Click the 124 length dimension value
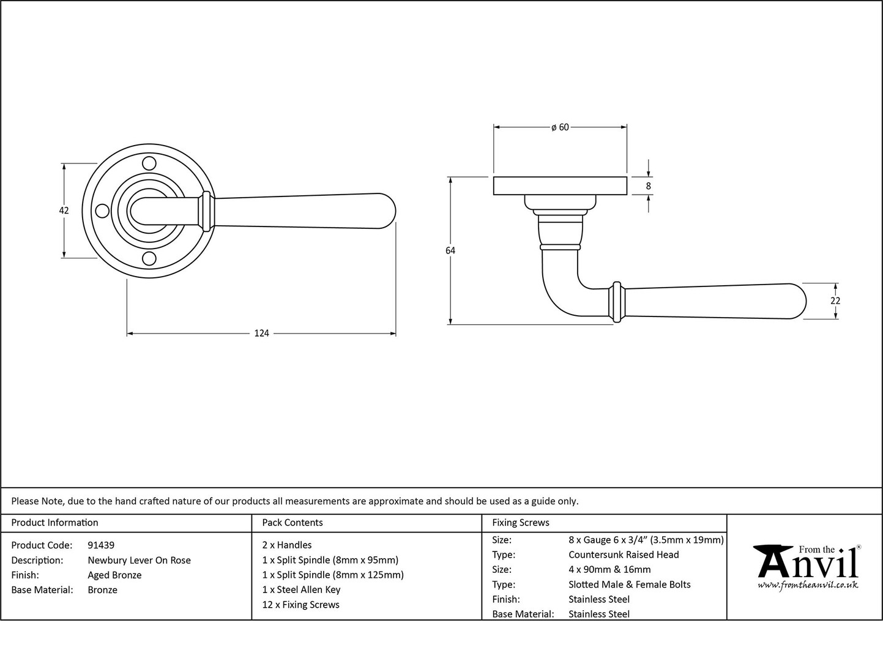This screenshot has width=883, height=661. (x=261, y=333)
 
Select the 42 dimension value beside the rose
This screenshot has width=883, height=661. (x=64, y=211)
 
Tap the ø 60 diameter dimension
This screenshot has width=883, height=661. (x=561, y=127)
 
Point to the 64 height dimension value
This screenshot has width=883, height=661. (x=450, y=251)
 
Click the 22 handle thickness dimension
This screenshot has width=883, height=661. (x=835, y=301)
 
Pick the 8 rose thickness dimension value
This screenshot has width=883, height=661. (x=648, y=186)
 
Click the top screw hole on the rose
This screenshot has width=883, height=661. (x=149, y=163)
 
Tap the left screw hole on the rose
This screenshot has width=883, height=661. (x=102, y=211)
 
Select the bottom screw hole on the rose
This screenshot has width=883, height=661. (x=149, y=259)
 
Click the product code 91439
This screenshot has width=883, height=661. (x=101, y=545)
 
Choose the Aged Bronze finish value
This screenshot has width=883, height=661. (x=114, y=575)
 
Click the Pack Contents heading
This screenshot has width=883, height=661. (x=292, y=522)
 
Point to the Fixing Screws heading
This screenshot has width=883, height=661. (x=521, y=523)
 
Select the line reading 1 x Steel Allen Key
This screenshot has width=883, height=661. (x=301, y=589)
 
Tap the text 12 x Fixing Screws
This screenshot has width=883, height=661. (x=301, y=604)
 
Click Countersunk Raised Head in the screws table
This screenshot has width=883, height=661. (x=624, y=555)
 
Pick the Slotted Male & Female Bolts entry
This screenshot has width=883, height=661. (x=630, y=584)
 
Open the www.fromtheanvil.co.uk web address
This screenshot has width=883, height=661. (x=808, y=585)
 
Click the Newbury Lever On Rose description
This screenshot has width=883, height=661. (x=139, y=560)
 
